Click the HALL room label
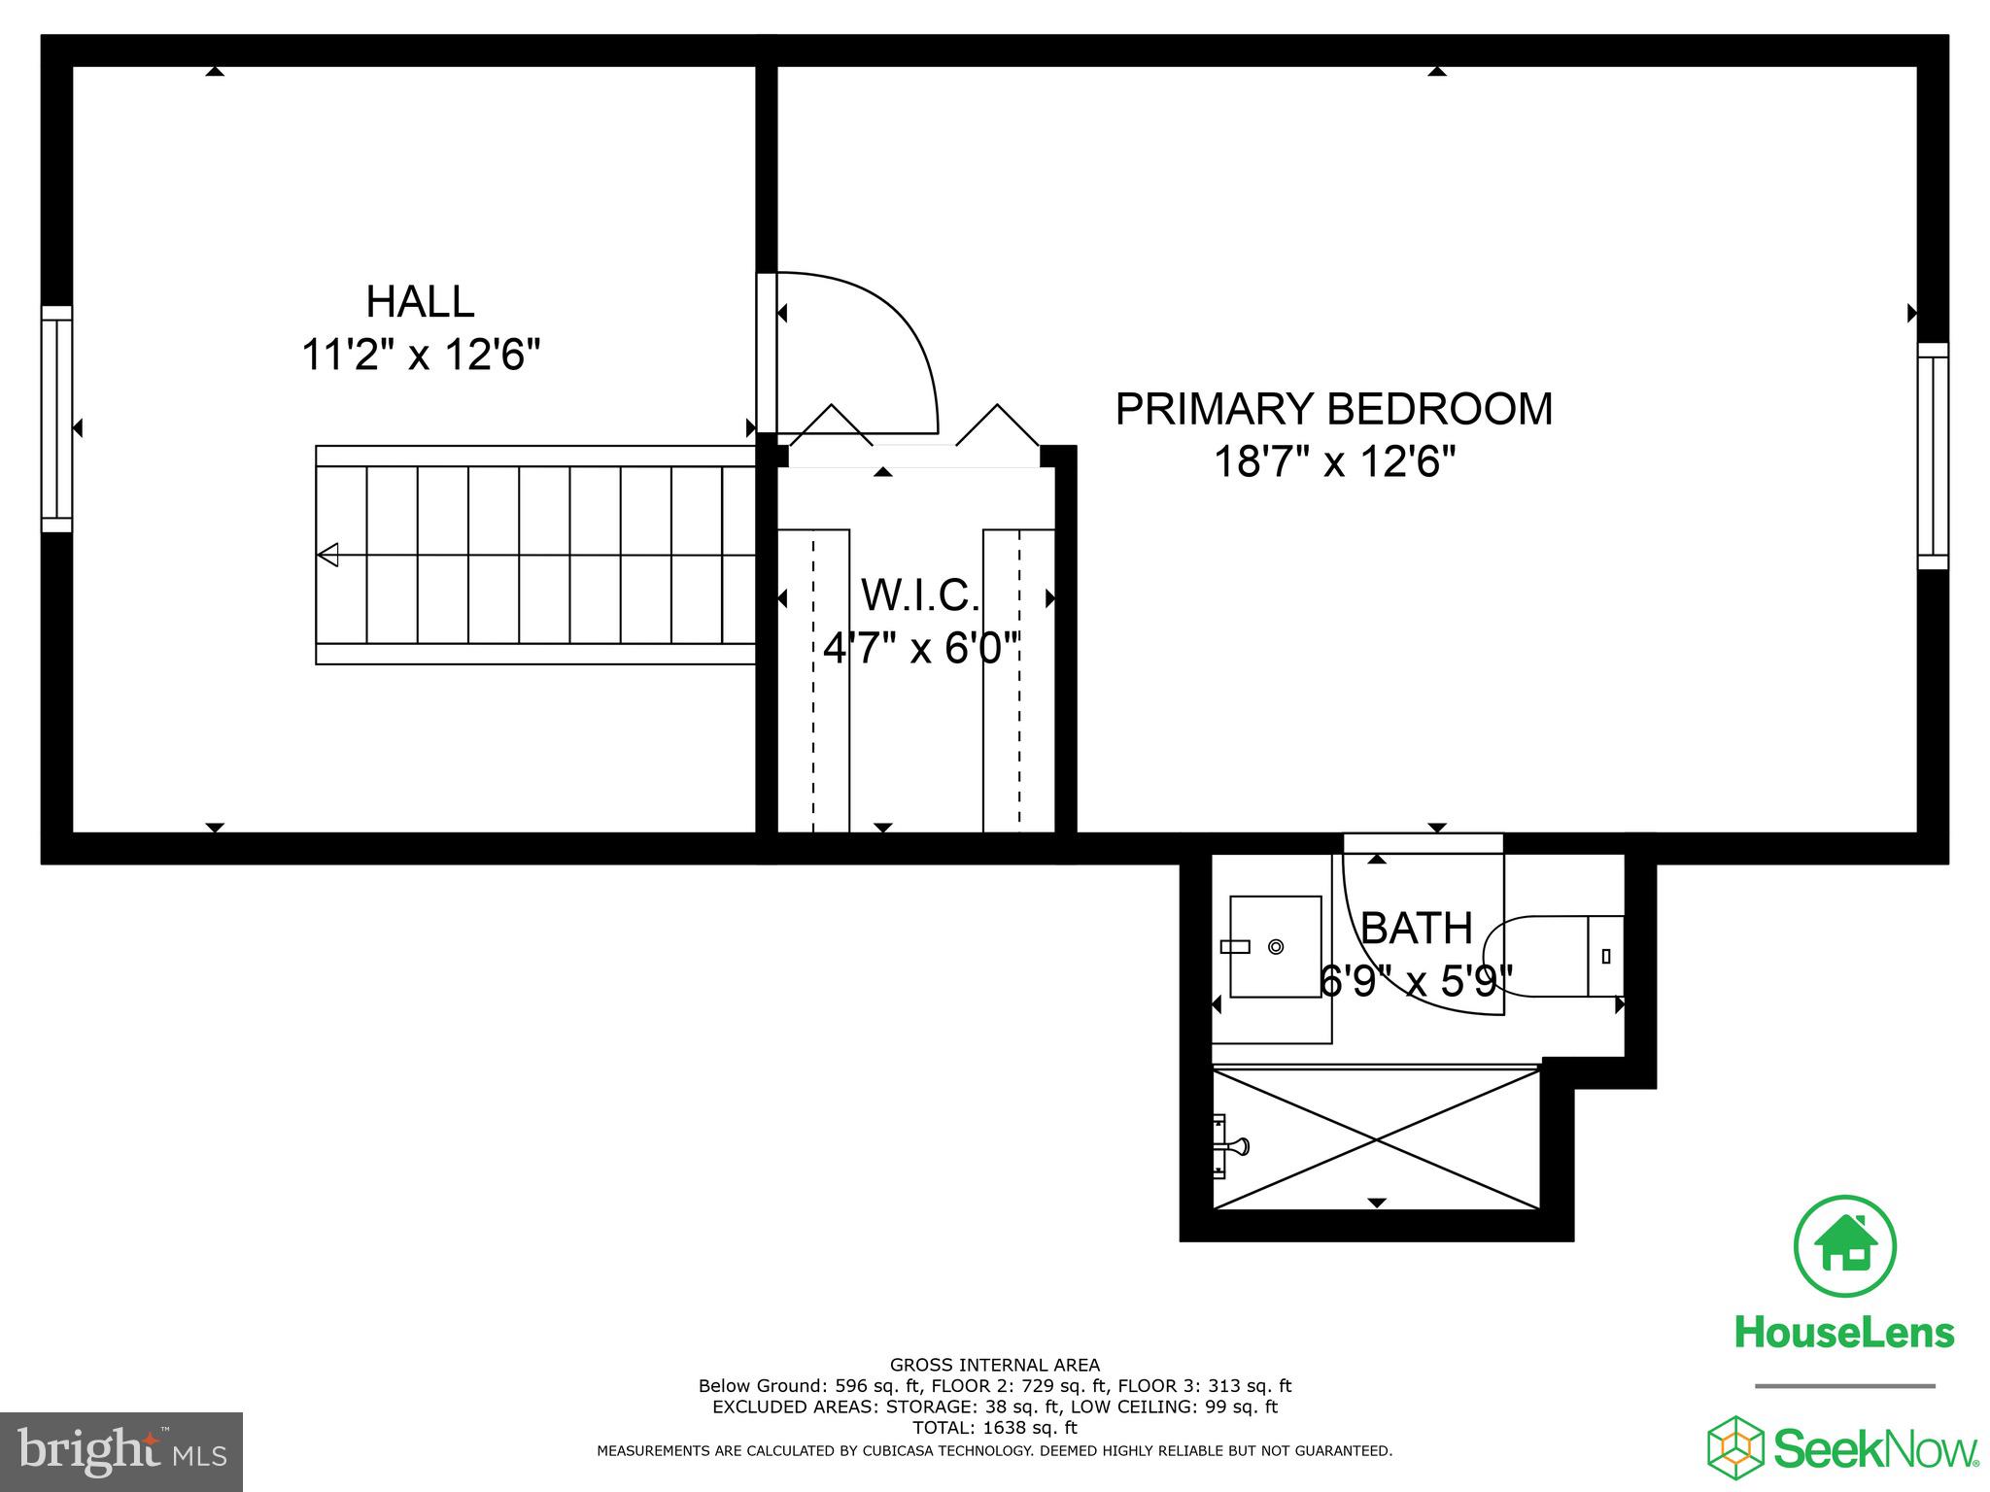point(420,302)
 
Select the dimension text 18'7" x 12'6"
point(1334,462)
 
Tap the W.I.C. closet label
point(919,595)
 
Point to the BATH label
point(1416,930)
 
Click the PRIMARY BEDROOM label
point(1333,409)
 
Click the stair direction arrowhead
point(328,556)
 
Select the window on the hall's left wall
point(56,419)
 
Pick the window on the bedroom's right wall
point(1933,456)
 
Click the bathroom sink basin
point(1275,947)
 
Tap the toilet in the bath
point(1555,957)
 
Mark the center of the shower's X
point(1377,1139)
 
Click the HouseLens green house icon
point(1844,1246)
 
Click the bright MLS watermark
point(121,1451)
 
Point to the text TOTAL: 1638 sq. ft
point(994,1428)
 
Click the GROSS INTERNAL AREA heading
point(994,1366)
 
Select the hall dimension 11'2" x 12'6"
point(420,355)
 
